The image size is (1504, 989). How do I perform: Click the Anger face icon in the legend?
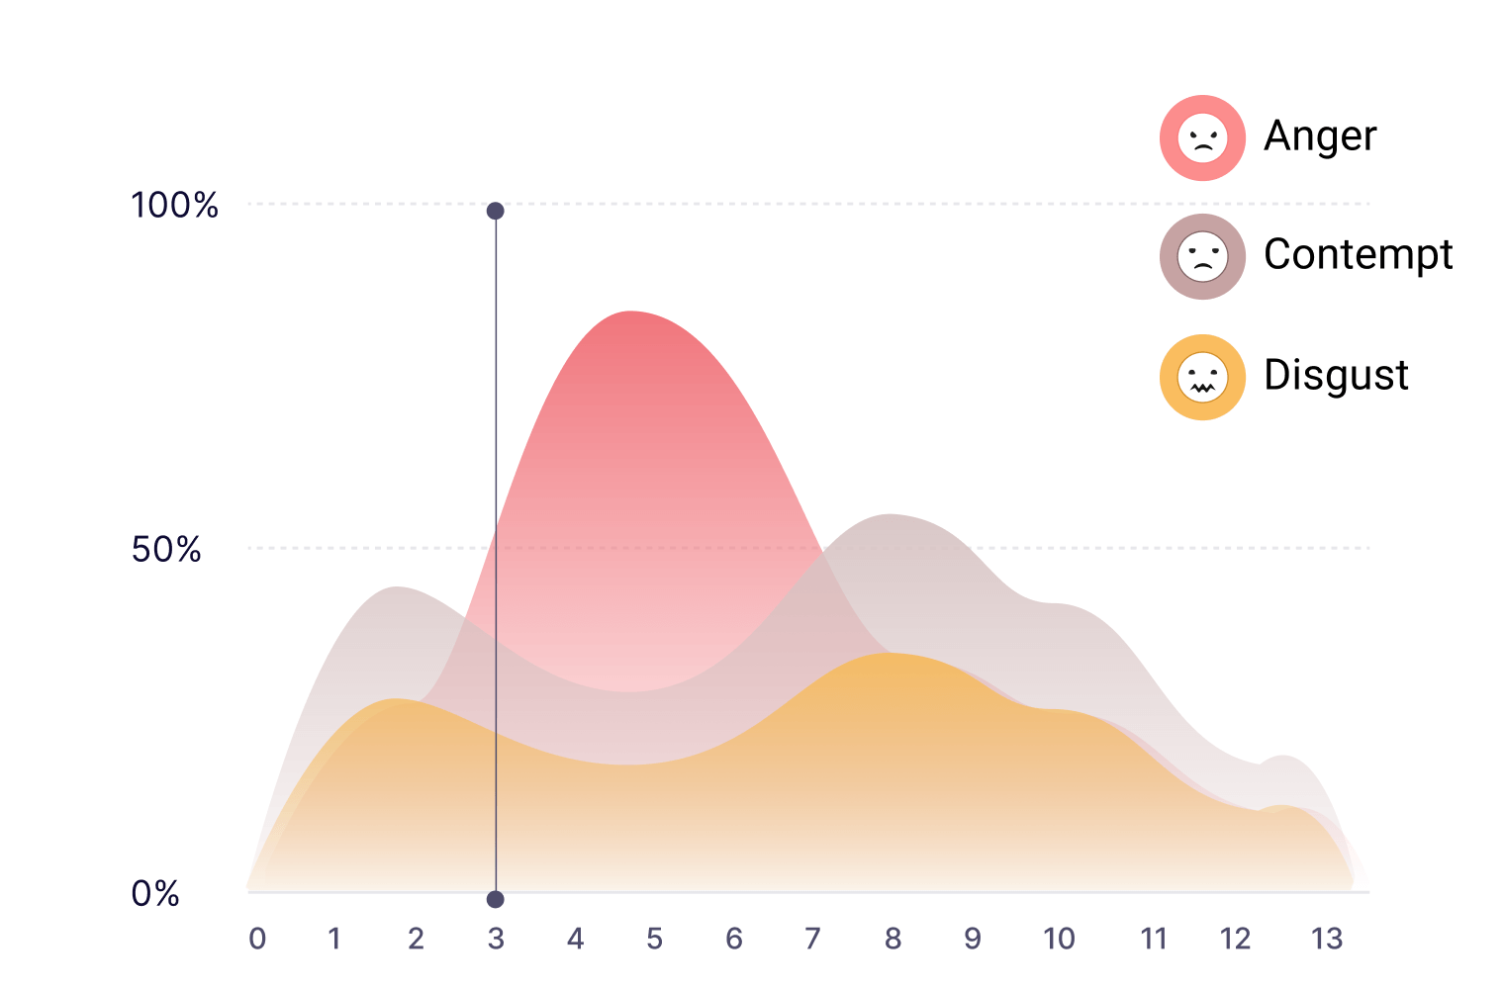pos(1202,137)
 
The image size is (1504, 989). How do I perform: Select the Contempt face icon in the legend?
pos(1202,256)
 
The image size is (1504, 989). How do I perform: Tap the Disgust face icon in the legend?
pos(1202,377)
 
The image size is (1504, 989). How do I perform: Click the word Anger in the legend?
pos(1320,136)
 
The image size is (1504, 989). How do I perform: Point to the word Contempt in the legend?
pos(1359,255)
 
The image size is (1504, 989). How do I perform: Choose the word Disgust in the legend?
pos(1336,375)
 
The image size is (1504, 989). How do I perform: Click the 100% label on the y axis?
pos(174,205)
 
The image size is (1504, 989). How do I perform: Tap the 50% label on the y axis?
pos(166,549)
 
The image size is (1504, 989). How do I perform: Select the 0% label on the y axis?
pos(155,893)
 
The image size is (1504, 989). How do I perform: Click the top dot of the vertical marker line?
pos(496,211)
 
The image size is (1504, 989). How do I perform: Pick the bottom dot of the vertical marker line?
pos(496,899)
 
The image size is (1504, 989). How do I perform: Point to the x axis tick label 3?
pos(496,939)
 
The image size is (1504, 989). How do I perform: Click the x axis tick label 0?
pos(257,939)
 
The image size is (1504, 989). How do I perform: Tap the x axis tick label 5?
pos(655,939)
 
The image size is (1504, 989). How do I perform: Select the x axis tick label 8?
pos(893,939)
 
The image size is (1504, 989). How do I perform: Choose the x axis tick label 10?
pos(1059,939)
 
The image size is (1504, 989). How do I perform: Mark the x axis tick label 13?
pos(1327,939)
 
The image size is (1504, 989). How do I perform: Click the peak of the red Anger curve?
pos(629,312)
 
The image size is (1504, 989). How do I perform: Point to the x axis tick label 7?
pos(812,939)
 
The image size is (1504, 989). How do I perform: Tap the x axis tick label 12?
pos(1236,939)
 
